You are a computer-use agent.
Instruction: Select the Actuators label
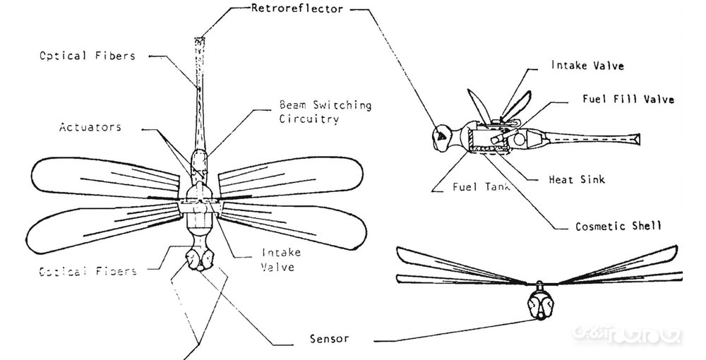pos(90,128)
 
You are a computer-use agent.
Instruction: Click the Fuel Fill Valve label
pos(628,100)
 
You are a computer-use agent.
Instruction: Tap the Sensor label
pos(329,338)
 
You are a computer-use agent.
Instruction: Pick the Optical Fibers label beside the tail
pos(87,56)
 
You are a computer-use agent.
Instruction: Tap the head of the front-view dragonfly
pos(540,304)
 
